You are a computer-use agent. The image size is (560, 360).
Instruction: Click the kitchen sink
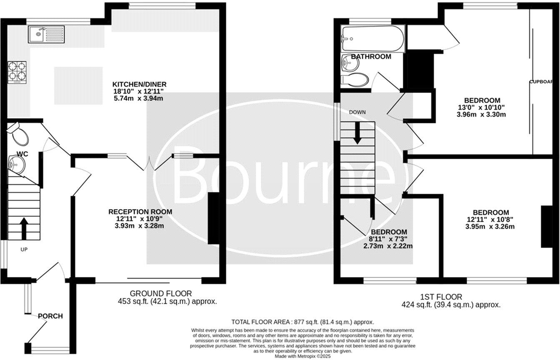tap(46, 34)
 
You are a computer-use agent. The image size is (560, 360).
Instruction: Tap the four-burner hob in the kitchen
tap(17, 72)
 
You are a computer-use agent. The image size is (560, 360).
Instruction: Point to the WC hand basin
tap(16, 165)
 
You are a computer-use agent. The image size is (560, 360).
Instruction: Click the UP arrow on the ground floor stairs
tap(23, 228)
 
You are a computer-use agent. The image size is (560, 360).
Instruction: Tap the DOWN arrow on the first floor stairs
tap(357, 135)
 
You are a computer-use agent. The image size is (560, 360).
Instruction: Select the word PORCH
tap(50, 316)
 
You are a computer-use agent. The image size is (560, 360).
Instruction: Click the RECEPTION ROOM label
tap(140, 212)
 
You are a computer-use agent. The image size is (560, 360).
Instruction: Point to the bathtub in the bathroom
tap(372, 39)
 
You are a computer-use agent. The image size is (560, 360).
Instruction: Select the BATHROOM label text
tap(371, 56)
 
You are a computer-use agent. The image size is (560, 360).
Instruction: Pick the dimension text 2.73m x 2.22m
tap(389, 246)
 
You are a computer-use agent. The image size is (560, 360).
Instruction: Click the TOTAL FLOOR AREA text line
tap(302, 322)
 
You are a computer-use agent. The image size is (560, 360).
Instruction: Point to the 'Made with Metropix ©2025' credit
tap(302, 357)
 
